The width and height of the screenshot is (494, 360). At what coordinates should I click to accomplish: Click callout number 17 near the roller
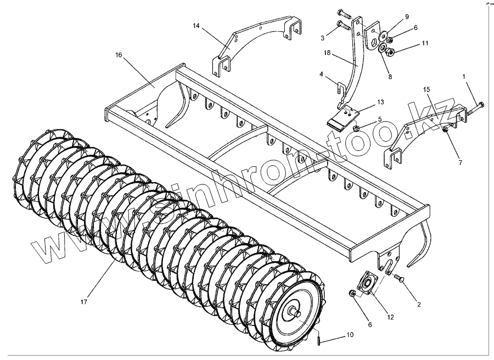click(x=83, y=301)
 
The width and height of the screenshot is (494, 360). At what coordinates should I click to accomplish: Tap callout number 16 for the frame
click(x=119, y=55)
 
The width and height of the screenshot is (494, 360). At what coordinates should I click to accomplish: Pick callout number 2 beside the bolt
click(x=419, y=304)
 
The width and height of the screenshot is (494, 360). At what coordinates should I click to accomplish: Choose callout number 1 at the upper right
click(x=464, y=76)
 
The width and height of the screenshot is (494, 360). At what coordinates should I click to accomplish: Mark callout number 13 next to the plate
click(x=381, y=103)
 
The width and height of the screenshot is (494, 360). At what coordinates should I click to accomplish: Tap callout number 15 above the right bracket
click(x=426, y=89)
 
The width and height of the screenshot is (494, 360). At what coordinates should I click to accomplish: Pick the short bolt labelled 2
click(x=400, y=279)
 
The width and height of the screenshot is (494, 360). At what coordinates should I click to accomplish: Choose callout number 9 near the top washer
click(x=407, y=16)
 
